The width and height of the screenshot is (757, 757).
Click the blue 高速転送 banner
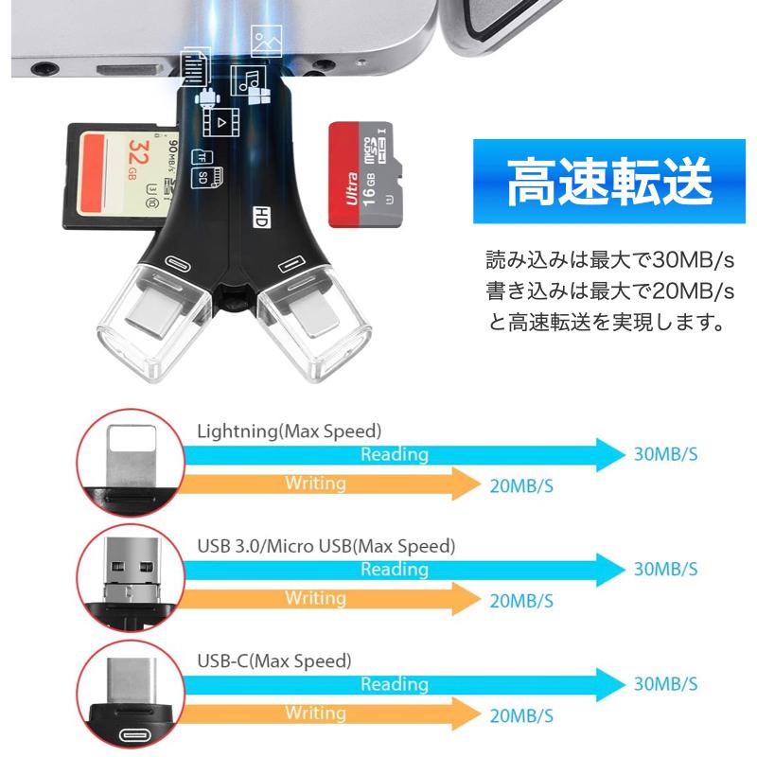click(608, 181)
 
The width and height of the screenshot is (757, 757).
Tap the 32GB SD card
click(121, 176)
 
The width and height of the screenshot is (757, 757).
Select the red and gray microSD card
click(365, 174)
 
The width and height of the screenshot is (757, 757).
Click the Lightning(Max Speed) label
click(290, 431)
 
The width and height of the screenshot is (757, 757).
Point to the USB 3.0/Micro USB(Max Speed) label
click(326, 546)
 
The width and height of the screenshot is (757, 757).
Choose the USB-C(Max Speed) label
click(274, 660)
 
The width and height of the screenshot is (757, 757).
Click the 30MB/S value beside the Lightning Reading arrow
click(666, 454)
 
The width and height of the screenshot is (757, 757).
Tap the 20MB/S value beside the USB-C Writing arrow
click(521, 716)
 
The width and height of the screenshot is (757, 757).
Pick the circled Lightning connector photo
click(131, 463)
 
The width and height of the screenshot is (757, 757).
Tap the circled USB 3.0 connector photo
click(131, 578)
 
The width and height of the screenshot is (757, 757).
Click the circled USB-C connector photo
click(131, 694)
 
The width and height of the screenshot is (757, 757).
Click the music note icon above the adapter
click(248, 80)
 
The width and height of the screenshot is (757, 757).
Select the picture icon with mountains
click(266, 41)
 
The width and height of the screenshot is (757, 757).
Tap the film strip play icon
click(220, 122)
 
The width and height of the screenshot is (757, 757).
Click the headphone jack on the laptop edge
click(44, 68)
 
